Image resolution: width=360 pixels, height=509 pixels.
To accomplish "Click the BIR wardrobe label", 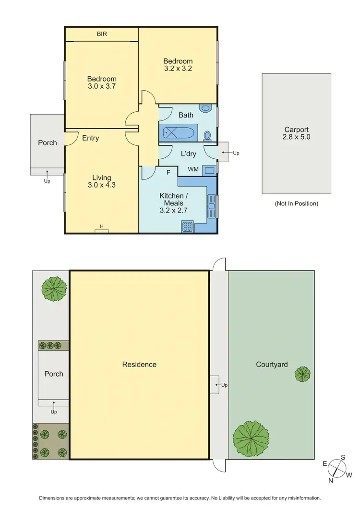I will [102, 34].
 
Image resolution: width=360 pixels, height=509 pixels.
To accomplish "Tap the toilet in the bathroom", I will [207, 136].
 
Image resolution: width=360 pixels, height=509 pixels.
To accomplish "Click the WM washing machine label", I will [193, 169].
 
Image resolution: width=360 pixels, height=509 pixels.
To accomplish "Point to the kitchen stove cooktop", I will [187, 226].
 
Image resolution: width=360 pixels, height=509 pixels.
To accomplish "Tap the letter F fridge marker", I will [168, 171].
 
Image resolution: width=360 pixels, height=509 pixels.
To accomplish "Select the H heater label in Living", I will [102, 226].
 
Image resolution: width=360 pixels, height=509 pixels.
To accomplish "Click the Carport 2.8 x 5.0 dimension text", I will [296, 137].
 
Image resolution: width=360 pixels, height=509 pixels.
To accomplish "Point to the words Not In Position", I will [296, 203].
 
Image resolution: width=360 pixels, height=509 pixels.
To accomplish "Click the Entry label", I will [90, 138].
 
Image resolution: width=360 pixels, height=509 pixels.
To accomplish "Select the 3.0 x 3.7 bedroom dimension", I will [102, 87].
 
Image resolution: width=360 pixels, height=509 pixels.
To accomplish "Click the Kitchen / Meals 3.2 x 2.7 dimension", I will [173, 210].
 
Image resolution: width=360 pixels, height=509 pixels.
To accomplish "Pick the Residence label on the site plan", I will [139, 364].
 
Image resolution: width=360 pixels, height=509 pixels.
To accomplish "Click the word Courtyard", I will [272, 364].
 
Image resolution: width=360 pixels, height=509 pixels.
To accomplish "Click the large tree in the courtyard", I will [251, 439].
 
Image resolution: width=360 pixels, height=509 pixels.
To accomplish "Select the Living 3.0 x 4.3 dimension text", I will [102, 185].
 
